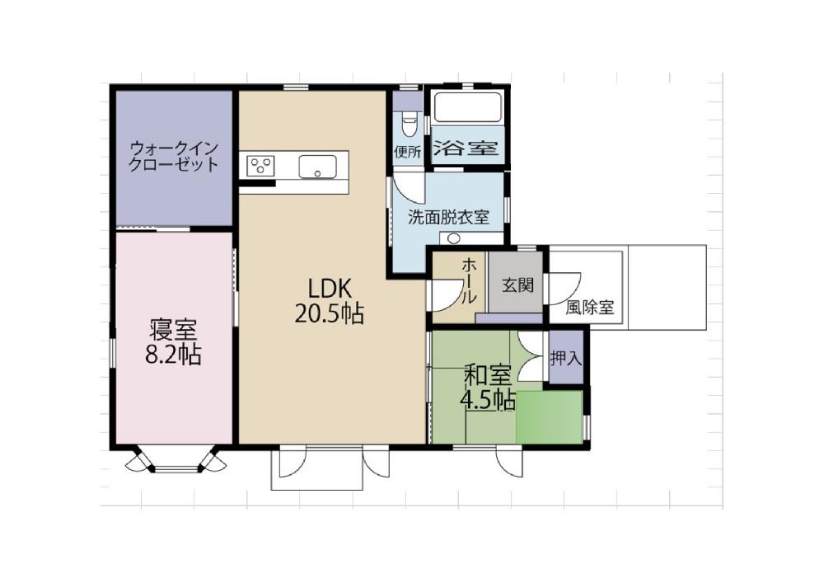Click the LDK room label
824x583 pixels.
(x=329, y=289)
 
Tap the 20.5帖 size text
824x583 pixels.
(x=329, y=314)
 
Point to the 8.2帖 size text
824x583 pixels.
(x=173, y=355)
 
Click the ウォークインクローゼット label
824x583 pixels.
(x=173, y=156)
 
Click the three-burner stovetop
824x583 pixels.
(x=260, y=167)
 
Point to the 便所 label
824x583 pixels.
(x=408, y=152)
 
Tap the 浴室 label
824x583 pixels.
(x=466, y=148)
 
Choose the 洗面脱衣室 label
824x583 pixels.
(x=448, y=217)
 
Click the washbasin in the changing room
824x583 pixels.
(x=453, y=238)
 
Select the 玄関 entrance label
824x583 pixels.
(x=518, y=285)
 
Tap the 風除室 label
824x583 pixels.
(x=590, y=307)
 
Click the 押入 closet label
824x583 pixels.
(x=566, y=359)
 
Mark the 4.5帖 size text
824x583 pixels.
(x=487, y=401)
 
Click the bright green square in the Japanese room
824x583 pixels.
(x=549, y=417)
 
